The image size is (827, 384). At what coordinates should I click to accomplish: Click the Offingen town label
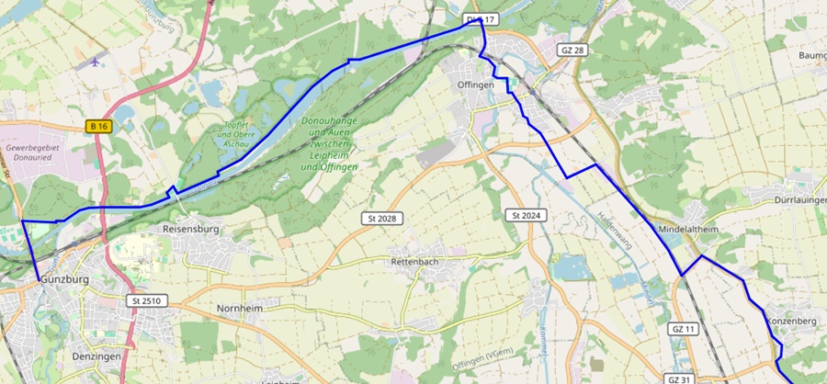476,85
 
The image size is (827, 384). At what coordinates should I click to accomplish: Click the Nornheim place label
240,309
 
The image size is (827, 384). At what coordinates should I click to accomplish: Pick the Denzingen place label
96,355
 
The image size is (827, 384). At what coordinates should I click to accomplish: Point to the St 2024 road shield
525,216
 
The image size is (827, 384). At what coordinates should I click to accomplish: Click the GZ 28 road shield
572,50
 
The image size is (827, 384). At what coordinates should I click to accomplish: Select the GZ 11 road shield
681,328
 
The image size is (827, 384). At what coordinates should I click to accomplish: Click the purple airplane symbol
98,63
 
